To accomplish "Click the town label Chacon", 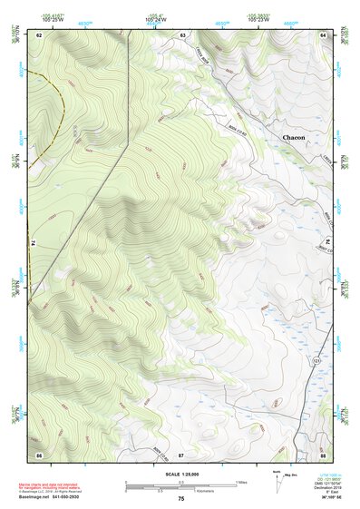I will [293, 137].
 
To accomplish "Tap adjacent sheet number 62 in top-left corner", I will [40, 34].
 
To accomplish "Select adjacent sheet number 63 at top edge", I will [182, 34].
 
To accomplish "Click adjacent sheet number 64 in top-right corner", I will [323, 34].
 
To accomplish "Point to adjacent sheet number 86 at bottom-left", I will [40, 455].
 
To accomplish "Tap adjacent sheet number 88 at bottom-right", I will [323, 455].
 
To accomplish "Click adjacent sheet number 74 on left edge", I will [34, 243].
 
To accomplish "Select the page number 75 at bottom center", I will [180, 499].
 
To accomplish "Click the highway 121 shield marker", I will [317, 361].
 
